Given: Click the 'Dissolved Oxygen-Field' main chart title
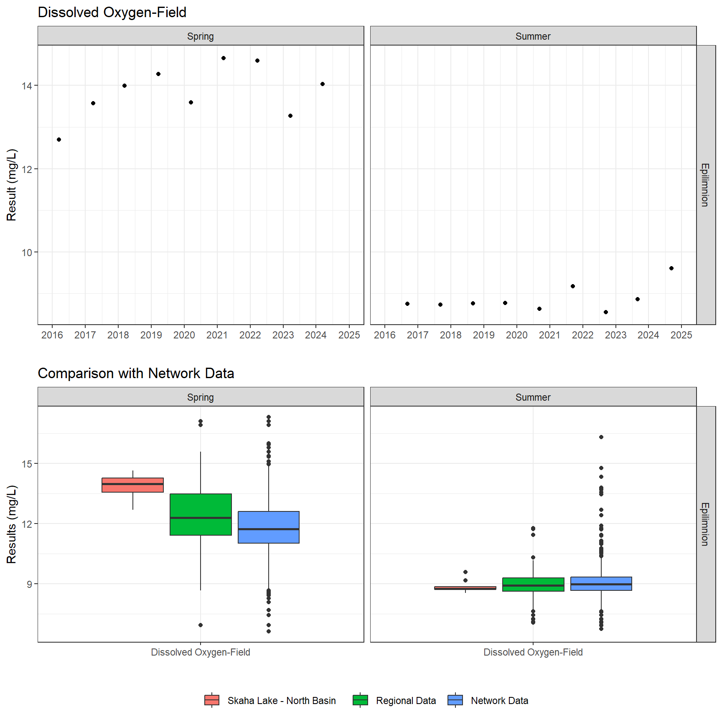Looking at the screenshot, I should pos(112,13).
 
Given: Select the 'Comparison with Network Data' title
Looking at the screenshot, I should pos(136,373).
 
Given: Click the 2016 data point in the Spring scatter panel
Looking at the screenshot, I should pos(59,140).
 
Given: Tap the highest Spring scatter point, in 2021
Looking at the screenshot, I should pos(224,58).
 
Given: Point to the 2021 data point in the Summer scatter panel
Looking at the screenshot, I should pos(573,286).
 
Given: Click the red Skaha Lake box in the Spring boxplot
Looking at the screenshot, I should pos(133,485).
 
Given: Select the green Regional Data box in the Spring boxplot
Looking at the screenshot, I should pos(201,514).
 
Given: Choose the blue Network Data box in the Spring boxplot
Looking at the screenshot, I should pos(269,527).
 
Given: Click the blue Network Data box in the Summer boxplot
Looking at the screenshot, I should pos(601,584).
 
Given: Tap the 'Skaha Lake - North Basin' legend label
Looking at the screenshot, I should pos(282,701).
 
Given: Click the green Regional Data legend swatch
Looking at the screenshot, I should pos(360,700).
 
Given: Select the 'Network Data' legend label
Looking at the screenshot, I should pos(499,701).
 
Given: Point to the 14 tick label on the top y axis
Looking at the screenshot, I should pos(27,86).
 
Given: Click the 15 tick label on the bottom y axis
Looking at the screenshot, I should pos(27,464).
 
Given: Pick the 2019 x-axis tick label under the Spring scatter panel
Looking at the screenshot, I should pos(151,335).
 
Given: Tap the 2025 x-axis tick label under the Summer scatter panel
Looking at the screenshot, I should pos(681,335).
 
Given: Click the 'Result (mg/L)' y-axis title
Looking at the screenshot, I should pos(12,185).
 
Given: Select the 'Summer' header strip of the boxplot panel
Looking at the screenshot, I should pos(533,397).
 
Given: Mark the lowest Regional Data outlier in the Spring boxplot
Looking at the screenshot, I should pos(201,625).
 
